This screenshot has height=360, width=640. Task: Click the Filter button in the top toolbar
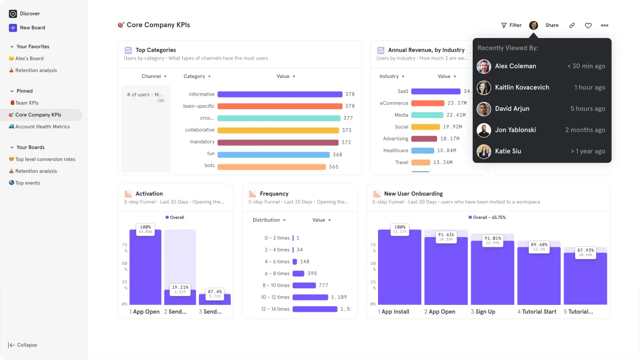(x=511, y=25)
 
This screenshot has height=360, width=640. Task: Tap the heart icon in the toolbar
(x=588, y=25)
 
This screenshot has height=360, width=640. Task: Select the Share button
(x=552, y=25)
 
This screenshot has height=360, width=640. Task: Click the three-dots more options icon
(x=604, y=25)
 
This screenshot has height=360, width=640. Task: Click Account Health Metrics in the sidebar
(x=42, y=127)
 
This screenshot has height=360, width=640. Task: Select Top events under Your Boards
(x=27, y=183)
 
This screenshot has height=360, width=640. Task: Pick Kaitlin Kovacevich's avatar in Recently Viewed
(x=484, y=88)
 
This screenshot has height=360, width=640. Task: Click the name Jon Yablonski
(x=515, y=130)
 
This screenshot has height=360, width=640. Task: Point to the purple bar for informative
(x=280, y=94)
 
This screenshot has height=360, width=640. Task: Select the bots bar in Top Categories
(x=271, y=167)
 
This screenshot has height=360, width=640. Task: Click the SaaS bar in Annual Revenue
(x=436, y=91)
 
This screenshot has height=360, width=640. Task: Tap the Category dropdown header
(x=197, y=77)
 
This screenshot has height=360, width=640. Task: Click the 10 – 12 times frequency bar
(x=310, y=297)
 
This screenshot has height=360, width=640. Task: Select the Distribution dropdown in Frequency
(x=269, y=220)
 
